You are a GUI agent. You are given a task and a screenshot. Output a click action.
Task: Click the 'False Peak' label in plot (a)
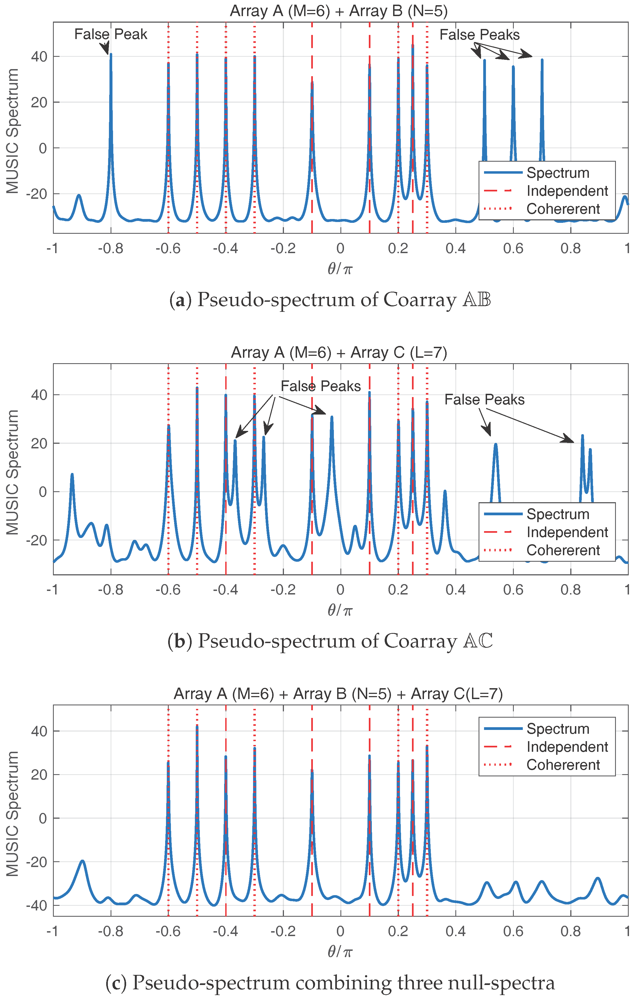tap(111, 34)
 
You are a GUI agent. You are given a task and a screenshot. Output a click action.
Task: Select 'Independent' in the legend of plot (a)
tap(567, 191)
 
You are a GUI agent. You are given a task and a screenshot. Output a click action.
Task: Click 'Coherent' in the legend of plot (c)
tap(563, 765)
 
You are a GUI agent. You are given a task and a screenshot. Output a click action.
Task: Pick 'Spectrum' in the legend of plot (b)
tap(558, 514)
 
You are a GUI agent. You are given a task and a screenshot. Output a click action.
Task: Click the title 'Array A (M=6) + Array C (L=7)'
tap(339, 353)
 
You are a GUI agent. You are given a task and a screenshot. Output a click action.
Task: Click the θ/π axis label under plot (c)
tap(340, 951)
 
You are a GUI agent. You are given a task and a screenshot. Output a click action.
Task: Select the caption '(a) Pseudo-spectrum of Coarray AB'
tap(330, 300)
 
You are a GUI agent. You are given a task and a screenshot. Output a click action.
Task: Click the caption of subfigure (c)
tap(330, 983)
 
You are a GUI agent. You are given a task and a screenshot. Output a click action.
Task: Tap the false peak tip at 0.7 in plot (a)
tap(542, 60)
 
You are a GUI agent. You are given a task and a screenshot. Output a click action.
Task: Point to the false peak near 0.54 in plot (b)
tap(495, 445)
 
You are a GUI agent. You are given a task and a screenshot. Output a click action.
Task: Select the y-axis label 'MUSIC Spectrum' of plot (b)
tap(13, 472)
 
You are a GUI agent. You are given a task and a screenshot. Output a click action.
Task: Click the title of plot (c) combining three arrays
tap(338, 694)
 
